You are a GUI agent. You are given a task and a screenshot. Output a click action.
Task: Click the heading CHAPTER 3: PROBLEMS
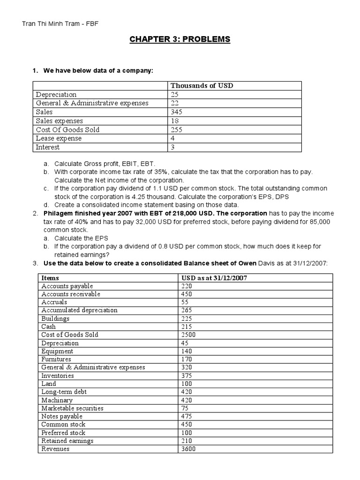(x=180, y=39)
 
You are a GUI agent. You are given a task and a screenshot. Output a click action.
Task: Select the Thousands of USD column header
(x=202, y=86)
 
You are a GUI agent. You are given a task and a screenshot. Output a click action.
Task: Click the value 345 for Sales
(x=177, y=112)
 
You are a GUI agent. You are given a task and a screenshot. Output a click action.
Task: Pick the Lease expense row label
(x=59, y=138)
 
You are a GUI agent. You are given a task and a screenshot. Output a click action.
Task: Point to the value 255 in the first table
(x=177, y=130)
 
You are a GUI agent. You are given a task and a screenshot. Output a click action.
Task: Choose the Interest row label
(x=48, y=147)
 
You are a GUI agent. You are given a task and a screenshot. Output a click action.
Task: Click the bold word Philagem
(x=59, y=213)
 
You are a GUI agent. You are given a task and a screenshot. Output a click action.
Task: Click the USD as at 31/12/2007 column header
(x=214, y=278)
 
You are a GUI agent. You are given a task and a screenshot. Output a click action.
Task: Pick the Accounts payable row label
(x=67, y=286)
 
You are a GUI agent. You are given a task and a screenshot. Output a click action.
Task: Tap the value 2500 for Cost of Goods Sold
(x=188, y=335)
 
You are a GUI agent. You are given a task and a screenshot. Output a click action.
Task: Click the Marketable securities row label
(x=72, y=408)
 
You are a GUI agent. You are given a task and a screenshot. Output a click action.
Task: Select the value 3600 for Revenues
(x=188, y=449)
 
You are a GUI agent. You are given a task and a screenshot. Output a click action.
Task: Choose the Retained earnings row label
(x=67, y=441)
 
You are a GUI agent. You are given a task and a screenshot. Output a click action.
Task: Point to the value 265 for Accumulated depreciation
(x=186, y=310)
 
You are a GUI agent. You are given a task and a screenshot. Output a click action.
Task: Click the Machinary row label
(x=57, y=400)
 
